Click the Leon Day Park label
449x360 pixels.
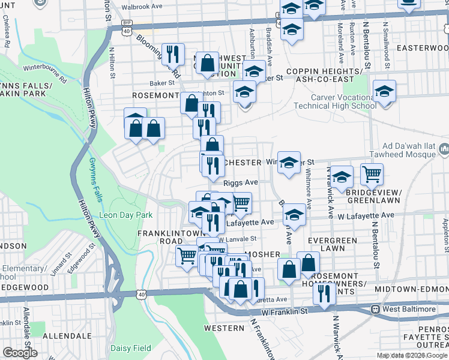coord(125,214)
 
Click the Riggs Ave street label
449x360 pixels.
coord(240,182)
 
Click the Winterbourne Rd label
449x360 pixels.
coord(47,66)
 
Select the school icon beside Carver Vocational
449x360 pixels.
coord(384,92)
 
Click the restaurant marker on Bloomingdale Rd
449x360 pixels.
coord(173,54)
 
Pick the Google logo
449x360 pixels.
coord(20,353)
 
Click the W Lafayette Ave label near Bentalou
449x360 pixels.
coord(366,215)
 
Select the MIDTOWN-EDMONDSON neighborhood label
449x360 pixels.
coord(411,289)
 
